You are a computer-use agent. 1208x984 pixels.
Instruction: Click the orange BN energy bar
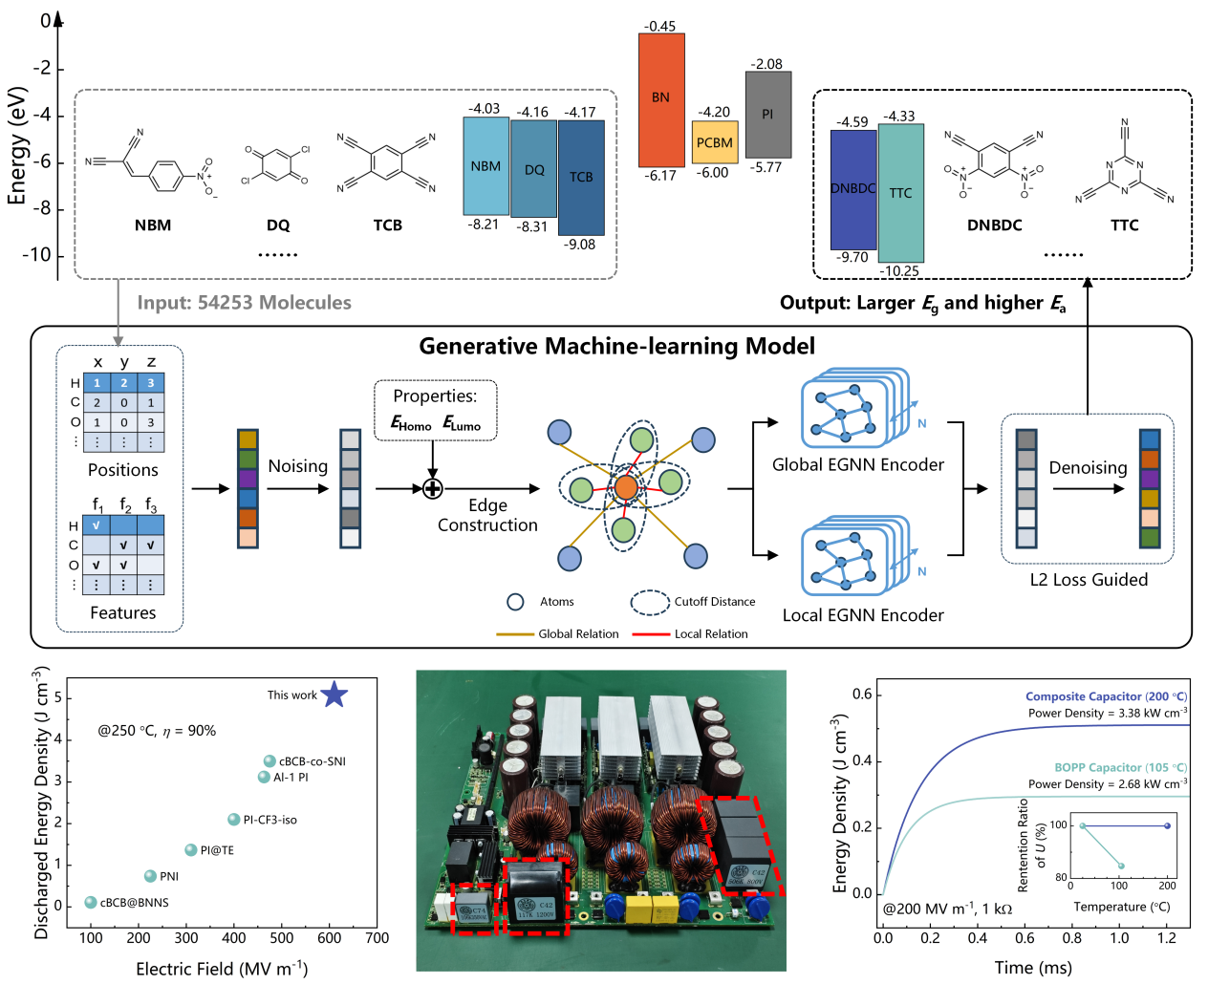click(661, 99)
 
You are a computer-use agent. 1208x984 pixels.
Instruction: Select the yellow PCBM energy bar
click(715, 142)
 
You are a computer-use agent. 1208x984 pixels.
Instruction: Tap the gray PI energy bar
click(768, 115)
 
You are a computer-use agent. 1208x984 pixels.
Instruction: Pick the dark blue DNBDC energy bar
click(853, 189)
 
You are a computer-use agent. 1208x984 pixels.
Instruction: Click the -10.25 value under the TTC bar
click(899, 271)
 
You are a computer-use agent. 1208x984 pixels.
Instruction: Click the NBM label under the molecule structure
click(153, 225)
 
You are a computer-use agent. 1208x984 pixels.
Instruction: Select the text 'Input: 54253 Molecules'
click(244, 303)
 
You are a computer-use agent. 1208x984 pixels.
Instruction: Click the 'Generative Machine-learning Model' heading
click(616, 346)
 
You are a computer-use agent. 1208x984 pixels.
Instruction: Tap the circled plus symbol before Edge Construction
click(432, 489)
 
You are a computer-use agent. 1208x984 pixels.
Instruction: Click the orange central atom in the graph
click(626, 488)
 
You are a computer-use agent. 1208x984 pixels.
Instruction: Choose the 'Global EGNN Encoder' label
click(857, 465)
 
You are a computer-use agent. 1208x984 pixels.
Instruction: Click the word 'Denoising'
click(1088, 467)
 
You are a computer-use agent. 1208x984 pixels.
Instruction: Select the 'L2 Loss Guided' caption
click(1089, 580)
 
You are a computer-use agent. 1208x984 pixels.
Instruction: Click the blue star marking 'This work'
click(334, 695)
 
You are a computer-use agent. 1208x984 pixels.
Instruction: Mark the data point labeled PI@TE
click(191, 850)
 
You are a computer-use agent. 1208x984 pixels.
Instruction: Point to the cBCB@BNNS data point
click(91, 903)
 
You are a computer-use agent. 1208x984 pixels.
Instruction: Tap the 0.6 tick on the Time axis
click(1025, 938)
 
